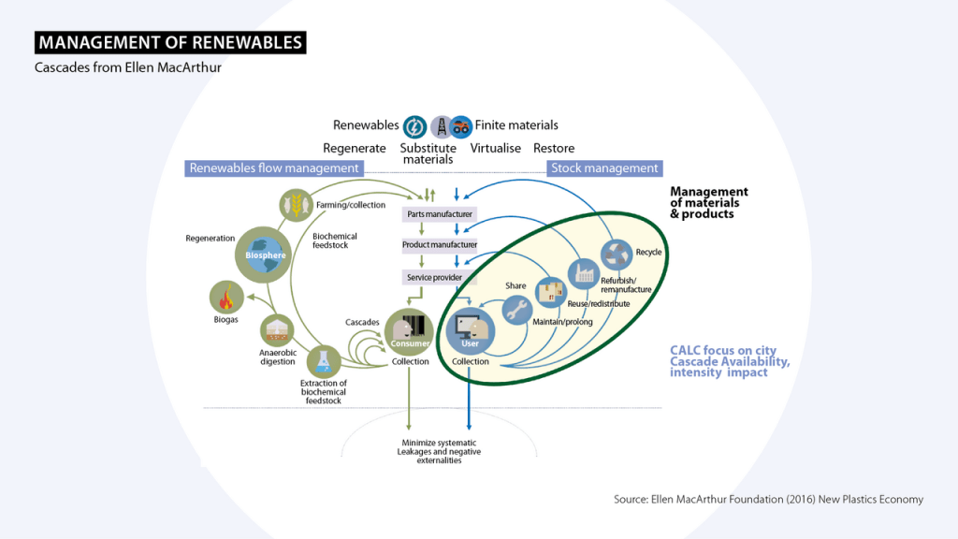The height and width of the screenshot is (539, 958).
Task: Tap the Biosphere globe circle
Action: (265, 254)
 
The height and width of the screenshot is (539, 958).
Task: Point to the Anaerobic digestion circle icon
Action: (278, 330)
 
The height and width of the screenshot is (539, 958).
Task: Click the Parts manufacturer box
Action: (439, 214)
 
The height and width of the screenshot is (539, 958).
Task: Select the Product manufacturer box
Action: (439, 245)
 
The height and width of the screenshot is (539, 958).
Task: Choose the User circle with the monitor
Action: (470, 330)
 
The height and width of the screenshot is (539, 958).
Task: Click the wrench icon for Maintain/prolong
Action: (517, 312)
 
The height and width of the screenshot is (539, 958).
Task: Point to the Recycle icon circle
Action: (617, 252)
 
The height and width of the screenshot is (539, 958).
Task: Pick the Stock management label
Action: (604, 168)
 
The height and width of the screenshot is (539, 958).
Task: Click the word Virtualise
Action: (495, 148)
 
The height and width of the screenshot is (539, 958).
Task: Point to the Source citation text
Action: (768, 499)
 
